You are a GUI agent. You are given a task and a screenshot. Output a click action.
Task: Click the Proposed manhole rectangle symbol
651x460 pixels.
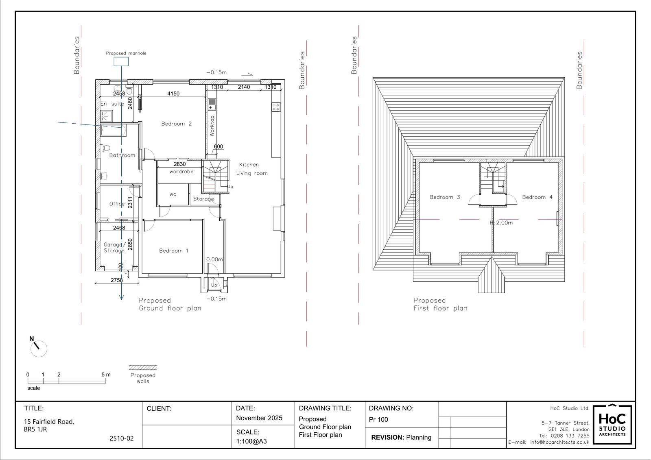121,61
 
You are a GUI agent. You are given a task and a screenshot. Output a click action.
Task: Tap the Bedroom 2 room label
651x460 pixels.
177,124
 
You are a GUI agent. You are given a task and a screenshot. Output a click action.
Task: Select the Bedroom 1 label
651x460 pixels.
173,251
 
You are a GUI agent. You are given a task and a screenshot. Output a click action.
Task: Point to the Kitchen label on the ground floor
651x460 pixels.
249,164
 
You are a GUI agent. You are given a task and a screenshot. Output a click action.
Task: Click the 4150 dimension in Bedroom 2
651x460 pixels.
173,94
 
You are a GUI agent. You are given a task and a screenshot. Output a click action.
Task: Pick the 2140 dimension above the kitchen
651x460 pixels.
244,87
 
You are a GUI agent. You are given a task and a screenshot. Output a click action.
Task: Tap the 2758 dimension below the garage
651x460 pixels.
117,280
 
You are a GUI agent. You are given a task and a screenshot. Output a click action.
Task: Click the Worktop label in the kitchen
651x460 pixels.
212,126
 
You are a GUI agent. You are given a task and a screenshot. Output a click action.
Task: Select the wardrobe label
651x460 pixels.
181,172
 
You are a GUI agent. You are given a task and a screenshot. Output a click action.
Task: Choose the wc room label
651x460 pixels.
173,194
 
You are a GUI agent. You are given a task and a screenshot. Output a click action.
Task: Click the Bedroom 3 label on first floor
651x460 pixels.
445,197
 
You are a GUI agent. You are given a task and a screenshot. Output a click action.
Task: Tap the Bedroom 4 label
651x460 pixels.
537,197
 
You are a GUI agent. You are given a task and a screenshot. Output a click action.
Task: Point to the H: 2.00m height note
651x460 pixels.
501,222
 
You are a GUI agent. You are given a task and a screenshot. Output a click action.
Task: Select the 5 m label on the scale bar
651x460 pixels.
106,375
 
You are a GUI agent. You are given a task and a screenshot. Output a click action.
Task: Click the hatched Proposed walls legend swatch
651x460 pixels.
143,368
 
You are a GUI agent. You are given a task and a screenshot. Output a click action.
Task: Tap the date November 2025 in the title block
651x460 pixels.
259,418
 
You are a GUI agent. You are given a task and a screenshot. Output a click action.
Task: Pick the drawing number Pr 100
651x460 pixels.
378,419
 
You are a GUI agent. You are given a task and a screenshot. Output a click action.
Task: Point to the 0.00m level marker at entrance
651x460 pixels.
214,259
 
